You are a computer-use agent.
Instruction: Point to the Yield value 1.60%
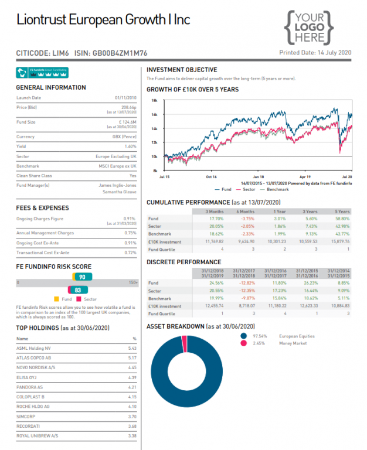pos(130,146)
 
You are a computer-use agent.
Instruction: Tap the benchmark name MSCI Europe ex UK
pos(116,166)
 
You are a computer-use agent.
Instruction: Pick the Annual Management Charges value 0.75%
pos(130,233)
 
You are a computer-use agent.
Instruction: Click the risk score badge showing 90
pos(82,277)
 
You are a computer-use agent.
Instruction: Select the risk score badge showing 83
pos(77,290)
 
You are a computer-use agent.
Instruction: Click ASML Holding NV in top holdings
pos(33,348)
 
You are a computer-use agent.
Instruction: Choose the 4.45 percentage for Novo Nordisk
pos(132,367)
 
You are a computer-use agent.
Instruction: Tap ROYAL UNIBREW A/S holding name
pos(38,435)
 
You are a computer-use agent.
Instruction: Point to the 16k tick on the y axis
pos(155,114)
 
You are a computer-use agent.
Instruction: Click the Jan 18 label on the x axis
pos(258,176)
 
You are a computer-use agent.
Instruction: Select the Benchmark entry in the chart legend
pos(277,189)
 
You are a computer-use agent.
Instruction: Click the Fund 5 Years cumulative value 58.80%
pos(342,218)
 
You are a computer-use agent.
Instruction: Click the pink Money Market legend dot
pos(243,343)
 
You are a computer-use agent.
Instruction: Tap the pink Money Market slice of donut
pos(183,343)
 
